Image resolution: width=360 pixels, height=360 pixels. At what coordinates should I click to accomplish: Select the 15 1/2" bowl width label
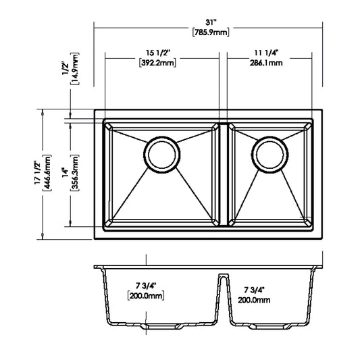coord(161,53)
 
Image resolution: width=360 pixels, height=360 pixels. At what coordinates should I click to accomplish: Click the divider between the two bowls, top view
coord(222,173)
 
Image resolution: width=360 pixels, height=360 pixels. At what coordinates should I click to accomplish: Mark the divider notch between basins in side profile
coord(222,278)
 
